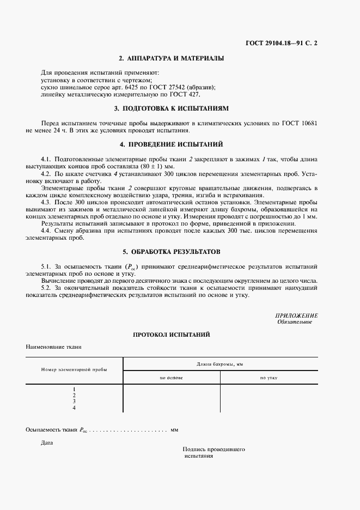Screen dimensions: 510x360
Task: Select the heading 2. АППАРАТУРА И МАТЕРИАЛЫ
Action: (172, 58)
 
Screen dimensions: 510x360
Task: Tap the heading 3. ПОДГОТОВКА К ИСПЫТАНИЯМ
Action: (172, 108)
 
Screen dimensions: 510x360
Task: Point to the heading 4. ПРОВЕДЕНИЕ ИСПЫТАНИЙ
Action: (172, 144)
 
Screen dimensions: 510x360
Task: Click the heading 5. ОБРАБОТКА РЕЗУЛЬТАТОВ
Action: (172, 252)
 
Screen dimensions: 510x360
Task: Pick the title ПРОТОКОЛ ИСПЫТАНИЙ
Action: (172, 334)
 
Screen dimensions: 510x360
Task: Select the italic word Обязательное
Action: (294, 322)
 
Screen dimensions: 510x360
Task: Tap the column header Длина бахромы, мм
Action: (219, 363)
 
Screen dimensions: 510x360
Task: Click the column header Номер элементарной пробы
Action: (74, 369)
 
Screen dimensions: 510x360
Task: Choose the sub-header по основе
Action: (171, 377)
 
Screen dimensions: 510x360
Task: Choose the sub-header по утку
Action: (269, 377)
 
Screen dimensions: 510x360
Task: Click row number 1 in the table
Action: (74, 389)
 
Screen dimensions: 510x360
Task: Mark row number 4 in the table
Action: (74, 408)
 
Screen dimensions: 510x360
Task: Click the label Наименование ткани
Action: (53, 347)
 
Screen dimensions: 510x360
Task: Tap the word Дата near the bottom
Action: (47, 442)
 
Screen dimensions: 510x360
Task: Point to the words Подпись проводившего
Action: (213, 450)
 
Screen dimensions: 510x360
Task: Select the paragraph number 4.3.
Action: (46, 202)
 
